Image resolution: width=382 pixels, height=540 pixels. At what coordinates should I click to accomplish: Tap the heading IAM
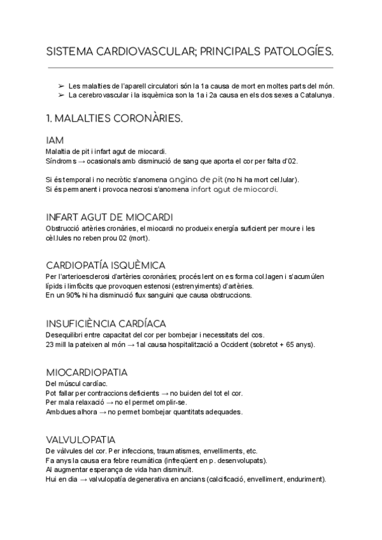pyautogui.click(x=55, y=140)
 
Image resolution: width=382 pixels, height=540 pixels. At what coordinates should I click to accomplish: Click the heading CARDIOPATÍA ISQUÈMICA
pyautogui.click(x=106, y=264)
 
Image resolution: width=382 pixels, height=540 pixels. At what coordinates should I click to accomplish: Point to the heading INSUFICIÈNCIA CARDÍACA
pyautogui.click(x=106, y=323)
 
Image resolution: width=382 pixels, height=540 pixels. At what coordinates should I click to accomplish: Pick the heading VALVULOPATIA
pyautogui.click(x=81, y=440)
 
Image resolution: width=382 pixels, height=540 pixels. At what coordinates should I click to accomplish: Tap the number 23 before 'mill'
pyautogui.click(x=50, y=345)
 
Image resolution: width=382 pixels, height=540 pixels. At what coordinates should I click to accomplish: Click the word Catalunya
pyautogui.click(x=316, y=96)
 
